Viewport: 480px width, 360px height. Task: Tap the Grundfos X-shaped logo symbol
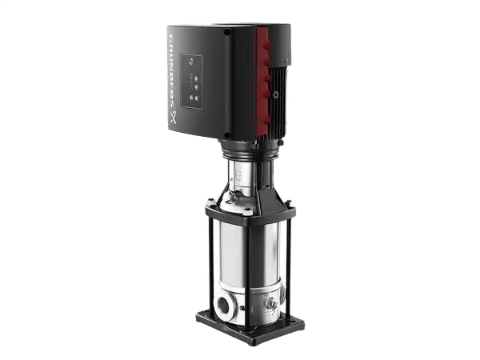[174, 118]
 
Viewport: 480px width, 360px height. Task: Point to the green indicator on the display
[192, 62]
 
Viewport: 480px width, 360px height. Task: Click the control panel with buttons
[192, 81]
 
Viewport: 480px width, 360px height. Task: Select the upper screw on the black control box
[227, 31]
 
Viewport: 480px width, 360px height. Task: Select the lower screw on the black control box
[227, 135]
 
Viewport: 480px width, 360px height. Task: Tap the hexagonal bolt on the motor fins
[277, 94]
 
